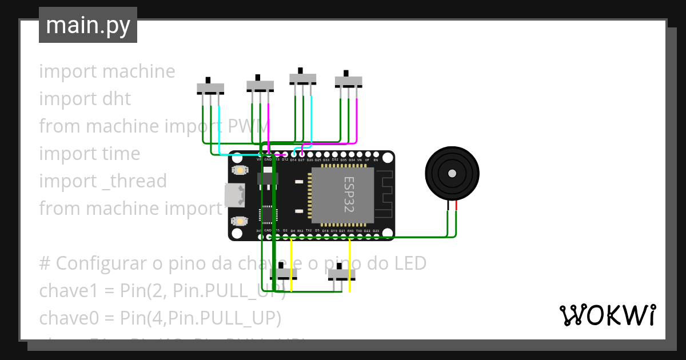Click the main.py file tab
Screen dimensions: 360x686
(x=88, y=25)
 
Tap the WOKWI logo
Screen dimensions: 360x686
(x=607, y=315)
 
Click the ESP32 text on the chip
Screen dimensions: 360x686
(x=348, y=195)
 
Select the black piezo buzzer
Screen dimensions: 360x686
(x=452, y=173)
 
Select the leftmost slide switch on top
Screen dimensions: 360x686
(x=210, y=88)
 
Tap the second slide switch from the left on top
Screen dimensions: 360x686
(x=260, y=85)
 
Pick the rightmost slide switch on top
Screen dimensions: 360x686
(x=348, y=81)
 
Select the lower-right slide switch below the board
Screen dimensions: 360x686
(x=341, y=274)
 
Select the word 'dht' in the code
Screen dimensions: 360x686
(x=117, y=99)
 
